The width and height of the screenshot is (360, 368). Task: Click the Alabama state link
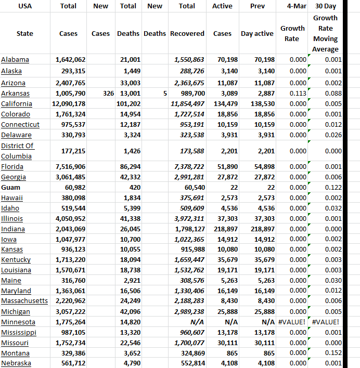[15, 60]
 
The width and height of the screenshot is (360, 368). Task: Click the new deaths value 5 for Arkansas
[164, 94]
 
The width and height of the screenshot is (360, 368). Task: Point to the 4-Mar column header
[292, 6]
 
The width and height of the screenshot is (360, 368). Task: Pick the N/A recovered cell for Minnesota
[196, 322]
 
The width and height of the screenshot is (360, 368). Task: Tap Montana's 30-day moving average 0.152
[333, 353]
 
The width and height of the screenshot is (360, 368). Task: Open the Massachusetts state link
[24, 301]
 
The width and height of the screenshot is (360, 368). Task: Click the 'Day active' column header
[257, 34]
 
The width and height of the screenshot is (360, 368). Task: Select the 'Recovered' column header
[187, 34]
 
